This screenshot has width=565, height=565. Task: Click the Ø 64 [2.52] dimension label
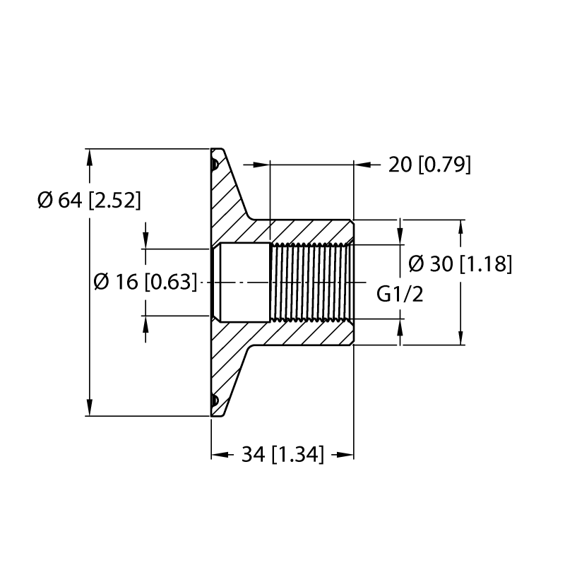click(89, 200)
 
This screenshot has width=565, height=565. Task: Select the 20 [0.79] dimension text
click(429, 165)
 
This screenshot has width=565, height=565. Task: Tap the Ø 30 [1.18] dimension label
click(460, 263)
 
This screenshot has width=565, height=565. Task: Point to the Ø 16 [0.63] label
click(145, 282)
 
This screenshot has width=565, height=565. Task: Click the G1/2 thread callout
click(400, 294)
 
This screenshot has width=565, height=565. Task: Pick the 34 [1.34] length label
click(282, 454)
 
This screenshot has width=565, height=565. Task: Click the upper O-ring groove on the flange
click(215, 165)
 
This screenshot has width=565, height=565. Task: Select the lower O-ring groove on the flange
click(215, 400)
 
